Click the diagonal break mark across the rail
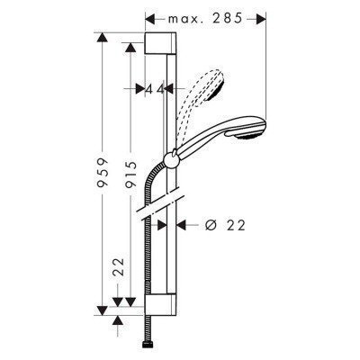(163, 204)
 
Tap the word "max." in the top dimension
(186, 17)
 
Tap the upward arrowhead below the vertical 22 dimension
(116, 317)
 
